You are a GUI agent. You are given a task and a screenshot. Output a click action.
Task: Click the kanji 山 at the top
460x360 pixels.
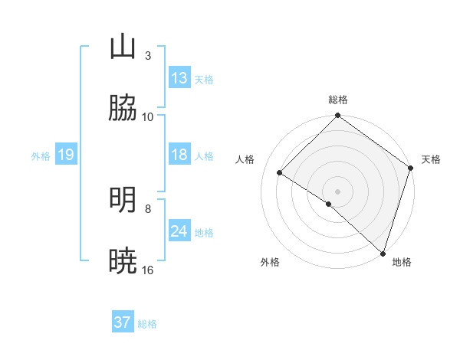(123, 47)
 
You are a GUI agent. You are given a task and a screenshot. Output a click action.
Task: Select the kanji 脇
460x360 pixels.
(123, 110)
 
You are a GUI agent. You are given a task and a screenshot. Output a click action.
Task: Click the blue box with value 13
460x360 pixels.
(179, 78)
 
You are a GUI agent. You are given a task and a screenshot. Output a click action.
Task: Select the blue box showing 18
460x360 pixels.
(179, 155)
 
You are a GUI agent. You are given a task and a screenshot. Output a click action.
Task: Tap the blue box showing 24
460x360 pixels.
(179, 232)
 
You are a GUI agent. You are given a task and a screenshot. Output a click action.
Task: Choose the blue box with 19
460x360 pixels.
(65, 155)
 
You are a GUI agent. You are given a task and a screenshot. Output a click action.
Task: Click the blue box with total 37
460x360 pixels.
(123, 322)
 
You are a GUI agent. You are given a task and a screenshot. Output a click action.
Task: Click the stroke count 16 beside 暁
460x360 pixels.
(148, 270)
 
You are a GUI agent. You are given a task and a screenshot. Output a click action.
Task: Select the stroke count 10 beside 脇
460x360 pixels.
(148, 117)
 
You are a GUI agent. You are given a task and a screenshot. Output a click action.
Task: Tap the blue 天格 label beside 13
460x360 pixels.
(204, 79)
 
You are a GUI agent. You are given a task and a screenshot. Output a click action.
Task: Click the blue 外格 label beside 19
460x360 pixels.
(41, 156)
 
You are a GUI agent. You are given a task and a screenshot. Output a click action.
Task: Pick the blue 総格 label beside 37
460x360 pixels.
(147, 323)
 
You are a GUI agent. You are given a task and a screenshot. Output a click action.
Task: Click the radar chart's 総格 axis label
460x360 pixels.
(338, 100)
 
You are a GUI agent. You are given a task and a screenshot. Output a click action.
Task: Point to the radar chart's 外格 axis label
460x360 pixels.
(270, 262)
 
